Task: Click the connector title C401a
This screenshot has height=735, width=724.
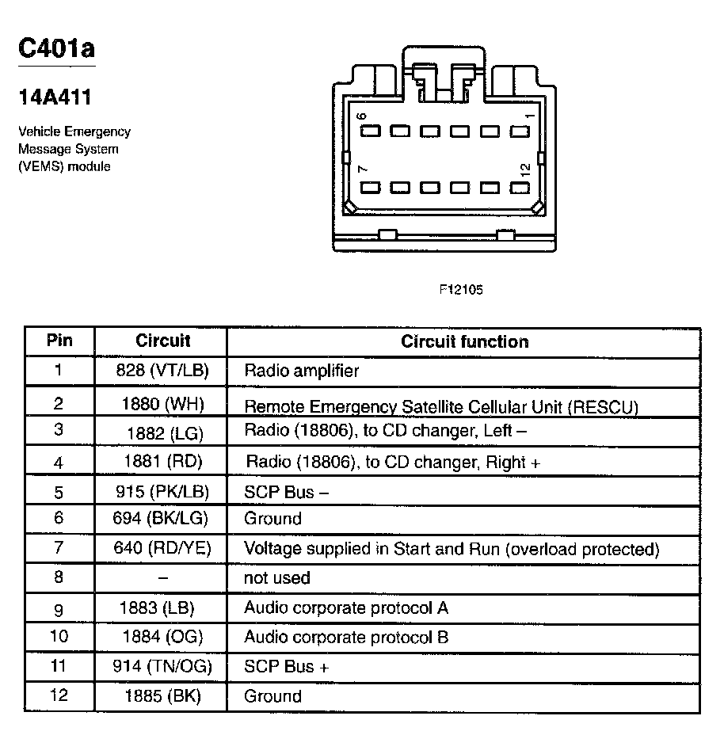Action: pos(56,48)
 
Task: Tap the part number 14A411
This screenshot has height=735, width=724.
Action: pos(55,97)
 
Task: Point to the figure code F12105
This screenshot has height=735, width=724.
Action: pos(461,290)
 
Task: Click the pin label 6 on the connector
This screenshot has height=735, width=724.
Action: pos(362,116)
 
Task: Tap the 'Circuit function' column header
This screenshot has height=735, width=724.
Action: pos(464,342)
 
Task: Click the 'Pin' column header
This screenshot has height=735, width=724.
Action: pos(59,341)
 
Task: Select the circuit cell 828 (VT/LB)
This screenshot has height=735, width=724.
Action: pos(162,370)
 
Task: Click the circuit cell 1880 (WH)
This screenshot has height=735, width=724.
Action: pos(162,404)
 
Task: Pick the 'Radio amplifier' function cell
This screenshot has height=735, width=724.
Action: pos(301,370)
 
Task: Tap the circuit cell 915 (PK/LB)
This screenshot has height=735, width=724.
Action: pos(162,492)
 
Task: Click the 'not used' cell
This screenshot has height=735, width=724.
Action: pos(276,578)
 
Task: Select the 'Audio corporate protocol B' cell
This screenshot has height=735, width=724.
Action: pos(346,637)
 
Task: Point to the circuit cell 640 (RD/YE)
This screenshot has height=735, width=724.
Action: pos(162,548)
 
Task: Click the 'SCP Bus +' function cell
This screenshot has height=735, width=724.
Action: pos(286,667)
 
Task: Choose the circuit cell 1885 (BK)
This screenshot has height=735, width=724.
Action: pos(162,696)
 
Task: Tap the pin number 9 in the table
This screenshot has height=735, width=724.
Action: pos(59,608)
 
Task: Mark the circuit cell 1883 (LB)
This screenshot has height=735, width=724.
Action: pos(157,607)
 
